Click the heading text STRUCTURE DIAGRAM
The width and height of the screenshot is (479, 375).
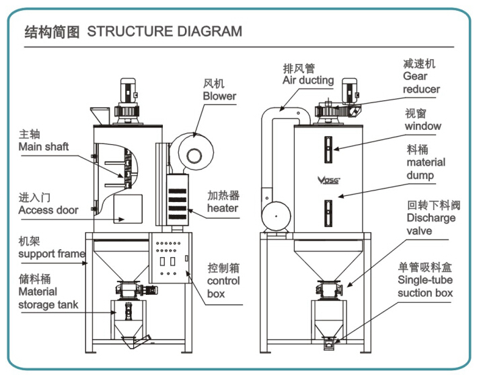164,31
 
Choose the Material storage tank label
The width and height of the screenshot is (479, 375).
47,292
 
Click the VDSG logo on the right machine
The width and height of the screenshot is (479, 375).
328,180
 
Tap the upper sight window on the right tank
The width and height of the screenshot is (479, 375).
328,149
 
